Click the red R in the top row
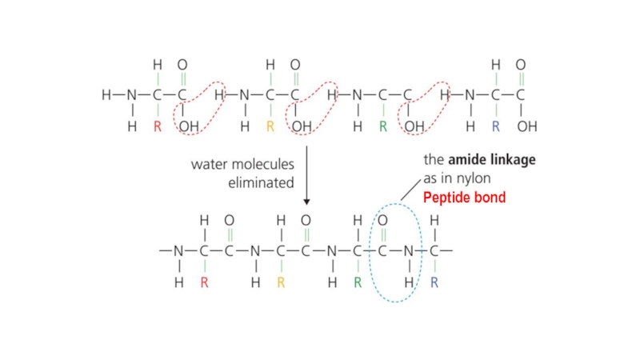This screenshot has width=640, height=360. point(157,126)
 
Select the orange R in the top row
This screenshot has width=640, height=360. point(270,126)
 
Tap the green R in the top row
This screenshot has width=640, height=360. point(383,126)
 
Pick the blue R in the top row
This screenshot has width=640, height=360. point(496,126)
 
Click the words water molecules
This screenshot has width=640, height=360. point(242,164)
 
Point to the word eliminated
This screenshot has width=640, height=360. point(262,182)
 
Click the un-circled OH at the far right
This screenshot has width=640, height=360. point(527,126)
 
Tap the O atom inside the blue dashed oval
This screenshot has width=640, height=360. point(382,219)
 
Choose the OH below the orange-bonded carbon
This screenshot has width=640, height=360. point(301,126)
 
